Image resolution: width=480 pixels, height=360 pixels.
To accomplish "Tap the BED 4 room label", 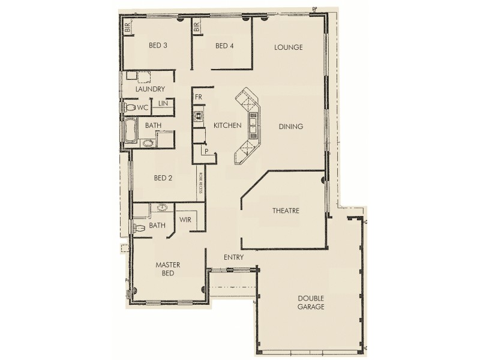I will click(224, 46).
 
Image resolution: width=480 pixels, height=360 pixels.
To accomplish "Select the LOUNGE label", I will click(288, 47).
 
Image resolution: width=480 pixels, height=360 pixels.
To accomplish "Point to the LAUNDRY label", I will click(150, 89).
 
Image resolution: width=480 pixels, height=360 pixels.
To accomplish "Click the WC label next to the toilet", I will click(142, 107).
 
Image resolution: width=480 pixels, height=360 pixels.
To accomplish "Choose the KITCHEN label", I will click(227, 126).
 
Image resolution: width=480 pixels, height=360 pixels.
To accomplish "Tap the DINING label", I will click(291, 127).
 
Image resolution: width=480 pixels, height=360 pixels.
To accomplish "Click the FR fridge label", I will click(198, 97).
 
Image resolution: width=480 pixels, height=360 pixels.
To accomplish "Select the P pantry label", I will click(207, 152).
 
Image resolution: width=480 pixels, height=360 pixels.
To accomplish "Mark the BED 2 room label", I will click(163, 178).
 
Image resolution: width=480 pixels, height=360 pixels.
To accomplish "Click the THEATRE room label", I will click(286, 211).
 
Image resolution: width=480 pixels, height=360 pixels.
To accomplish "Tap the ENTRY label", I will click(233, 257).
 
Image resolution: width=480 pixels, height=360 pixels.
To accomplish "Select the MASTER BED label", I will click(168, 268).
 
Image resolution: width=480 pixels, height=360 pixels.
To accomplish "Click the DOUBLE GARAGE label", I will click(311, 302).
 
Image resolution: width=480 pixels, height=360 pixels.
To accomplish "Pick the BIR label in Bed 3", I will click(128, 27).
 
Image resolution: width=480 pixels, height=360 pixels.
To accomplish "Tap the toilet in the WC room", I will click(129, 107).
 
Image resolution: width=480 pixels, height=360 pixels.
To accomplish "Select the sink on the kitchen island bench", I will click(253, 125).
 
